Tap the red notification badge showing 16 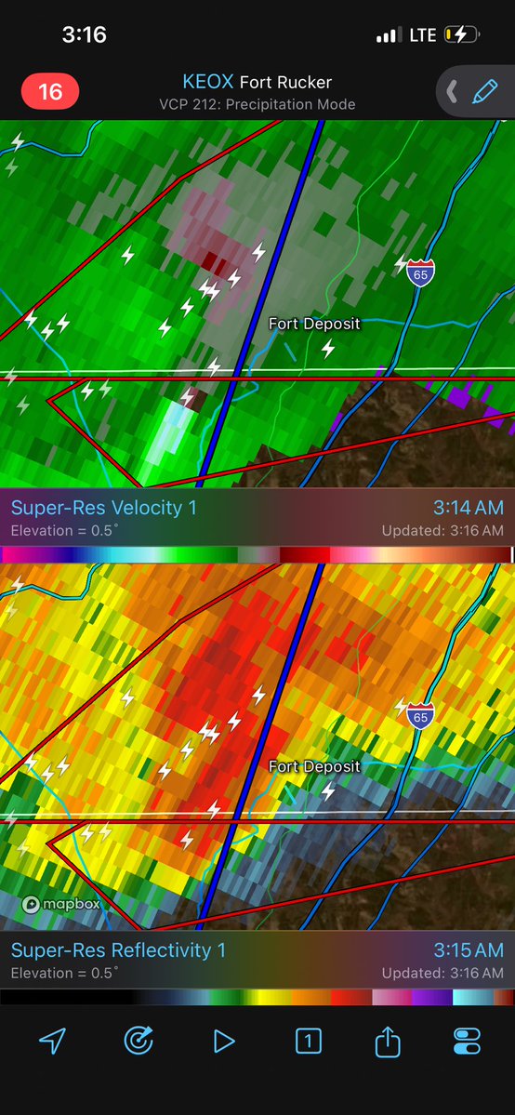(x=49, y=91)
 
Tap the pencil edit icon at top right (x=484, y=91)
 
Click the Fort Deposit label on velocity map (x=313, y=324)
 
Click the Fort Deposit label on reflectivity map (x=313, y=766)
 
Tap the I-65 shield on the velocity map (x=420, y=272)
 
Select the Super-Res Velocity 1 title (x=103, y=508)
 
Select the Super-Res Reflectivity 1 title (x=118, y=950)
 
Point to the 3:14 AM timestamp (x=468, y=508)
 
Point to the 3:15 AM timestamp (x=468, y=950)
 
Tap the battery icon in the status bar (x=462, y=35)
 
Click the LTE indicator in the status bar (x=422, y=35)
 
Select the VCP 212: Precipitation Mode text (x=257, y=104)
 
